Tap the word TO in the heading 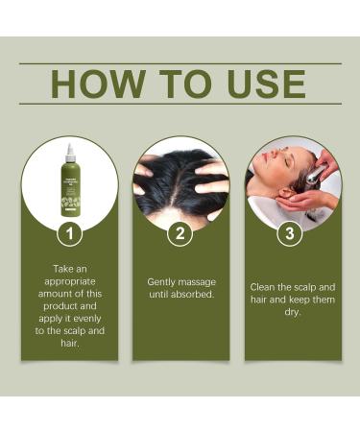pyautogui.click(x=181, y=84)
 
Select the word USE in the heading pyautogui.click(x=259, y=84)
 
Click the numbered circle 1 pyautogui.click(x=69, y=233)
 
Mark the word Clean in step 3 pyautogui.click(x=265, y=287)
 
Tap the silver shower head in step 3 pyautogui.click(x=316, y=174)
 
